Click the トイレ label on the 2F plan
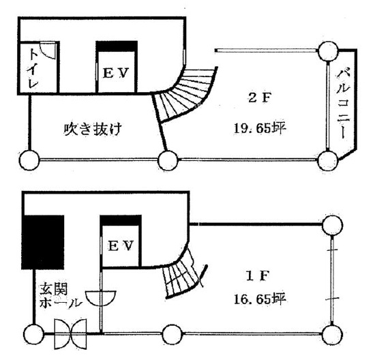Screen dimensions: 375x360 click(33, 68)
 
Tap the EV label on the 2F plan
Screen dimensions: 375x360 click(116, 73)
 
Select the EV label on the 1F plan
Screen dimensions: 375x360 click(121, 245)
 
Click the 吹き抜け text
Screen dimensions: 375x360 click(93, 129)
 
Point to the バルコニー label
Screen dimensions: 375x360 click(344, 103)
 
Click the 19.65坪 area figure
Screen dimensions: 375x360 click(260, 129)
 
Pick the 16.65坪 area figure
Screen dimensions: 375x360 click(260, 299)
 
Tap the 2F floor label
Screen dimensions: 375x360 click(260, 98)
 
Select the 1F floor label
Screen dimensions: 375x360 click(258, 276)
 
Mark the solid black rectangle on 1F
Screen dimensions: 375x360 click(43, 242)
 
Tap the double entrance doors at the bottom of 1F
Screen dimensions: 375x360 click(70, 333)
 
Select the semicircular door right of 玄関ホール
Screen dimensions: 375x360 click(101, 299)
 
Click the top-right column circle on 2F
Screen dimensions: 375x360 click(328, 51)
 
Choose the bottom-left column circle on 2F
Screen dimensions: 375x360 click(29, 160)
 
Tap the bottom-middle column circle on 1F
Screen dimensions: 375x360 click(172, 334)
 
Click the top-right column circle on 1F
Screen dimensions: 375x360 click(332, 225)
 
